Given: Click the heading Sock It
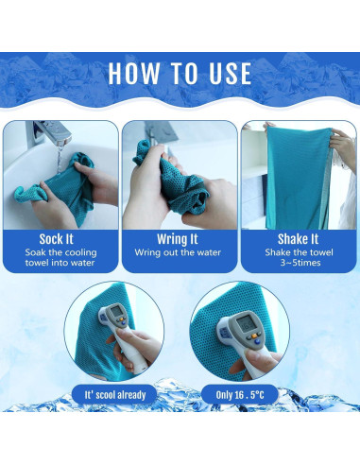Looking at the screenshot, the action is coord(56,239).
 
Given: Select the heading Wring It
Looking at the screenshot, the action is coord(178,239).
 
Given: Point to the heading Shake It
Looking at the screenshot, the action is coord(298,239).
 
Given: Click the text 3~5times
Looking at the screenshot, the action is coord(300,263).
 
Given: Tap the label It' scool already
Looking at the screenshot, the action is coord(115,395).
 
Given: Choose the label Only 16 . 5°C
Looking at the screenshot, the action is coord(240,395).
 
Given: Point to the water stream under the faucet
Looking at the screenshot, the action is coord(60,160).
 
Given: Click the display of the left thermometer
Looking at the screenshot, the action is coord(116,311).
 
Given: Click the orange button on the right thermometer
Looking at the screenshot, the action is coord(253,336).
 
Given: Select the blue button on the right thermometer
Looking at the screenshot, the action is coord(258,341).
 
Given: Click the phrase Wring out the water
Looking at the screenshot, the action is coord(178,252).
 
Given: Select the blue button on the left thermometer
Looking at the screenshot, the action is coord(124,322).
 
